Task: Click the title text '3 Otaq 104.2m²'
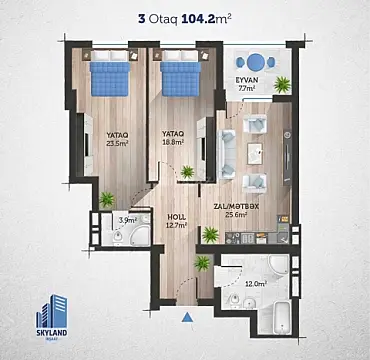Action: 185,17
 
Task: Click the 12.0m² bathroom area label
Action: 256,283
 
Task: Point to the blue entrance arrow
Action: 187,318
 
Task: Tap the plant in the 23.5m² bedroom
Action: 106,196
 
